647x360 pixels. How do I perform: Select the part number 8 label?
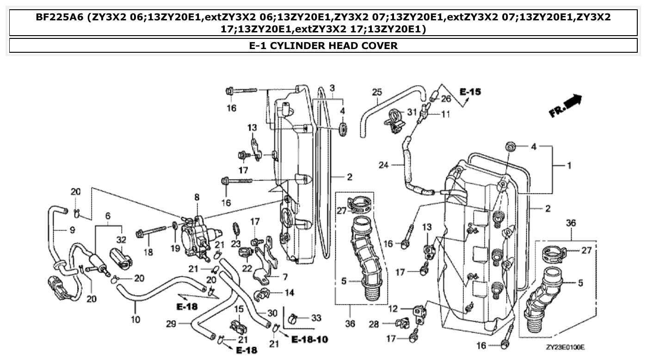[x=197, y=197]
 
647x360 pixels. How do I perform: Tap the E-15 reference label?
[x=470, y=92]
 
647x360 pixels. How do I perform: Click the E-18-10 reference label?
[x=310, y=340]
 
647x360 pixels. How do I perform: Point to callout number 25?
[x=377, y=92]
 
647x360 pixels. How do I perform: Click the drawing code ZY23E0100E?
[x=565, y=347]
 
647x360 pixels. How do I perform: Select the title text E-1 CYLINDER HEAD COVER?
[x=323, y=45]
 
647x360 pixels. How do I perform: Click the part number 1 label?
[x=569, y=165]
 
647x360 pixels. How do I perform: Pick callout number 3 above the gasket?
[x=332, y=87]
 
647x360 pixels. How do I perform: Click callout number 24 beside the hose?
[x=384, y=164]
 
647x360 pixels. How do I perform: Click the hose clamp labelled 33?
[x=293, y=318]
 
